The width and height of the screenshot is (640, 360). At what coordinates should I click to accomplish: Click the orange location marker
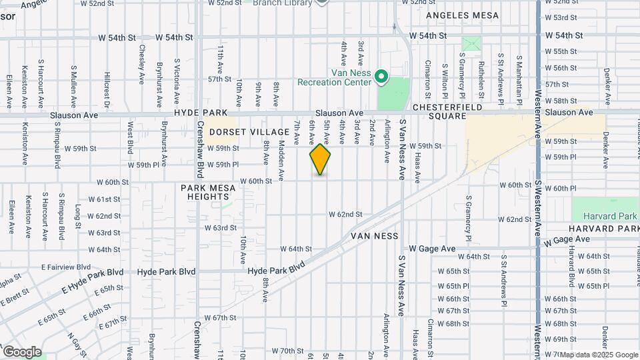pos(321,159)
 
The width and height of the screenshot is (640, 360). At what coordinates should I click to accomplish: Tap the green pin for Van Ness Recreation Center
pos(381,77)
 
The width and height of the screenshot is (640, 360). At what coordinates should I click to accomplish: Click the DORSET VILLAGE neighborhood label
pos(241,132)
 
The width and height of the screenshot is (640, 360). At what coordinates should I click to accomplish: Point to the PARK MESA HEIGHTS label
pos(209,192)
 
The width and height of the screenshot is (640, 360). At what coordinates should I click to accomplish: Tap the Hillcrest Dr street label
pos(107,90)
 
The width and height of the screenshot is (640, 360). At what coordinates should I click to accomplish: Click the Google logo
pos(21,352)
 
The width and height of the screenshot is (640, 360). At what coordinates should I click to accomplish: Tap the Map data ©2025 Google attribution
pos(598,355)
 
